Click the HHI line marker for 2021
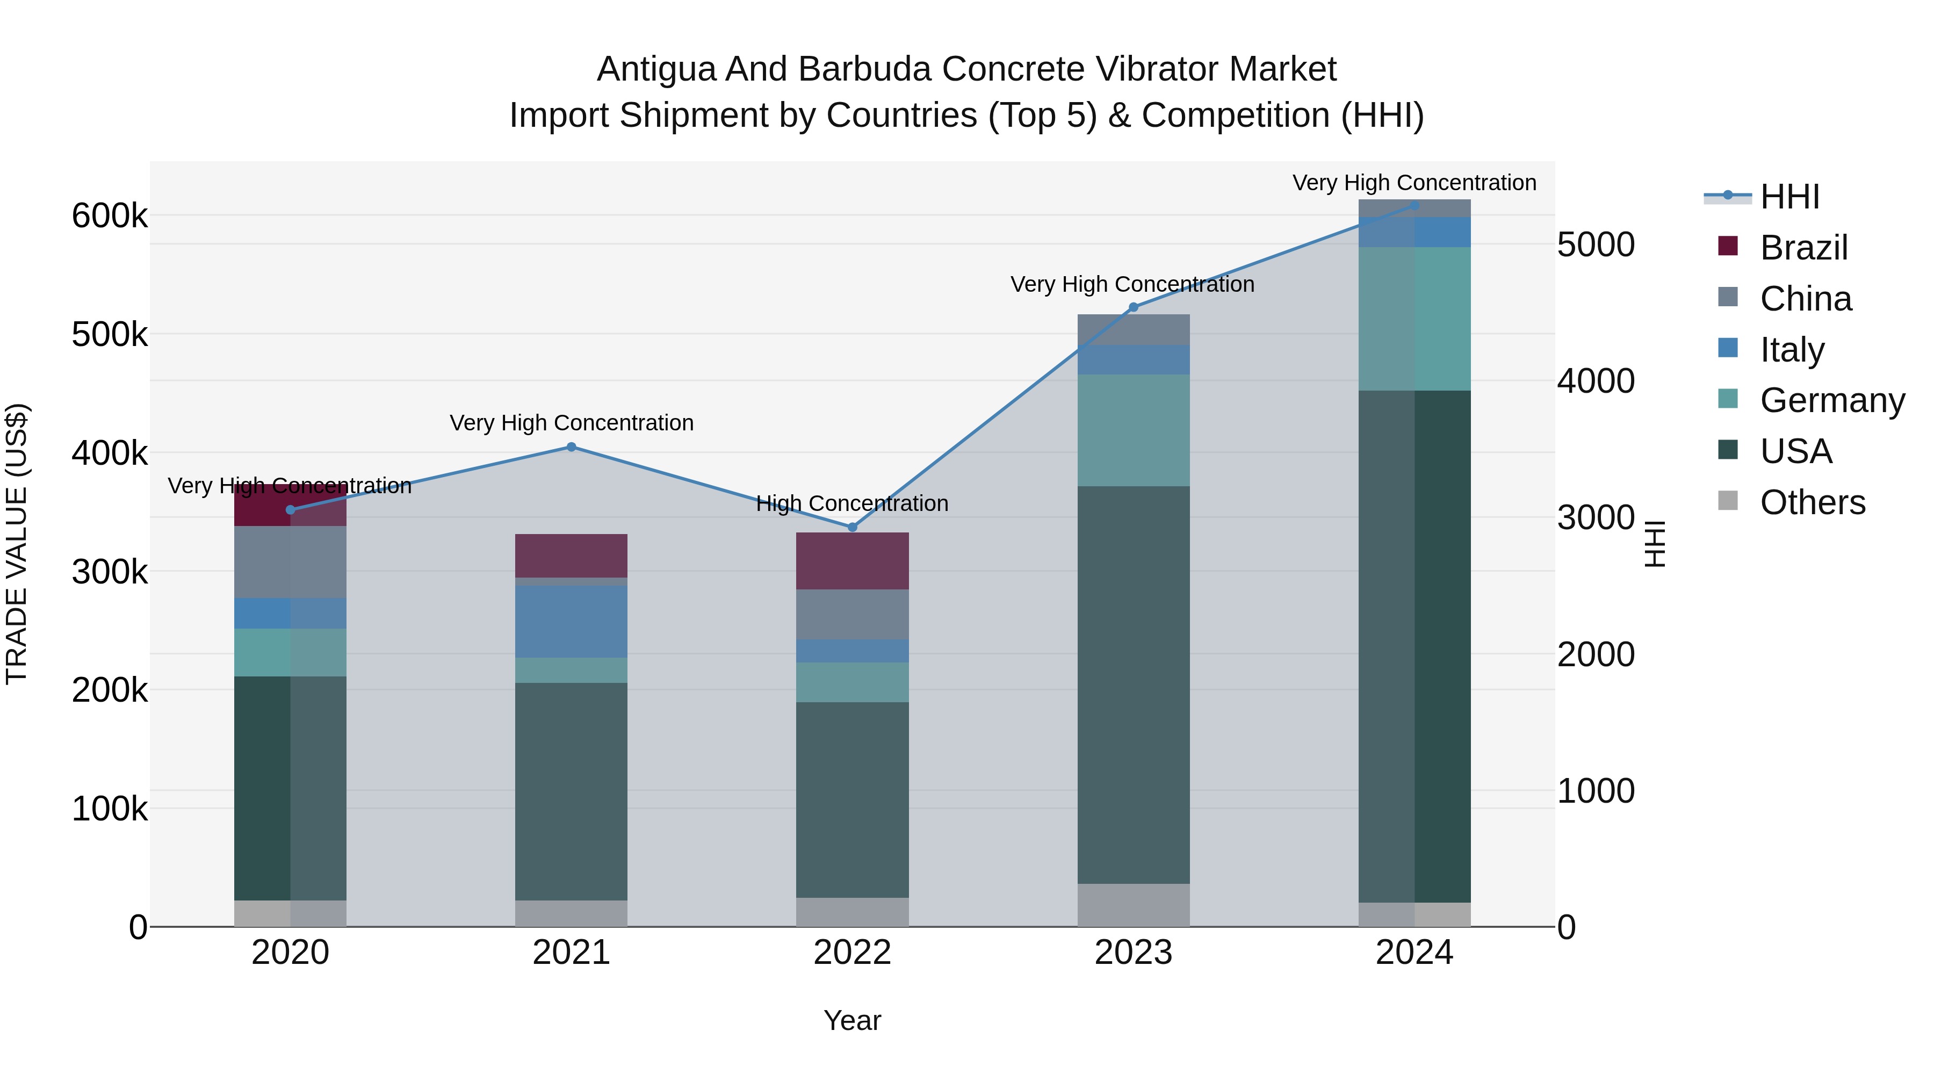[x=572, y=447]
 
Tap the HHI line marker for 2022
[x=852, y=527]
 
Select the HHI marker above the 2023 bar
[x=1134, y=307]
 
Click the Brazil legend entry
[x=1803, y=248]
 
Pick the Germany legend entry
[x=1832, y=400]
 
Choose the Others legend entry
[x=1813, y=502]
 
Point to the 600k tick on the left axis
[x=110, y=216]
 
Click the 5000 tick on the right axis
[x=1596, y=245]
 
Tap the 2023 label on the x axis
[x=1133, y=953]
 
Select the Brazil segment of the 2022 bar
[x=852, y=561]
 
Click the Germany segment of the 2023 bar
[x=1134, y=430]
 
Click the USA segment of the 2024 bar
[x=1415, y=646]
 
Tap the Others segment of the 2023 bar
[x=1134, y=905]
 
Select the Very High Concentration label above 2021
[x=572, y=423]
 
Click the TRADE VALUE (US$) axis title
[x=17, y=544]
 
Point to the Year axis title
[x=852, y=1020]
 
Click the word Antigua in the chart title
[x=655, y=70]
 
